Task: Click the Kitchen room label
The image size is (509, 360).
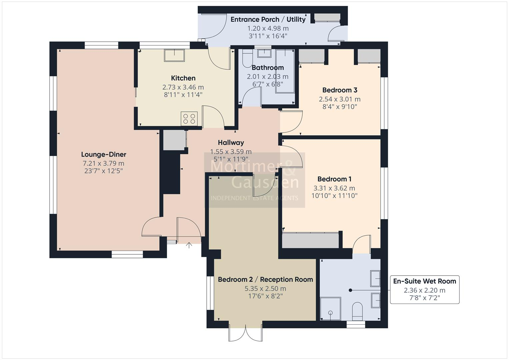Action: (183, 78)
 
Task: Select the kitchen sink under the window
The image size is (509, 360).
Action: (174, 55)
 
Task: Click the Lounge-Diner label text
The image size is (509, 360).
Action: (104, 154)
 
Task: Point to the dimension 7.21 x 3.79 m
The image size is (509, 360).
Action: (104, 163)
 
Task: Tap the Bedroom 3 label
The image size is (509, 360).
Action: (340, 90)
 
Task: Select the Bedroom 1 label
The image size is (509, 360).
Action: (334, 179)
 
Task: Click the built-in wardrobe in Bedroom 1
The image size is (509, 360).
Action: (310, 240)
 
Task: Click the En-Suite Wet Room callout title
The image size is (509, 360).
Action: (424, 281)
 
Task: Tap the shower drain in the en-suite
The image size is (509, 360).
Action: (330, 313)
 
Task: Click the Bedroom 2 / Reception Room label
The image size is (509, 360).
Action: (265, 279)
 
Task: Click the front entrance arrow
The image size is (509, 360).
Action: (189, 246)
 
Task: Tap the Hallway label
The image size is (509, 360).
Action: (231, 143)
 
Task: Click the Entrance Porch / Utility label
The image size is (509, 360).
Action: (268, 19)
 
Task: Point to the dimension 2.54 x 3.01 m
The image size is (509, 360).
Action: (340, 99)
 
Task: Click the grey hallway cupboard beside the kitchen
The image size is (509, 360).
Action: (174, 140)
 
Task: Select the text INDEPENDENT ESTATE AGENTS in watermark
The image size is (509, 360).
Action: (254, 198)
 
